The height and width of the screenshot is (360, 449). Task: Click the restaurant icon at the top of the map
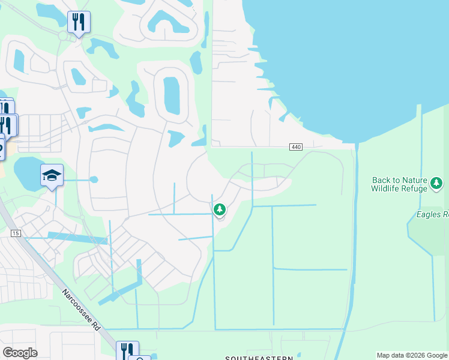tap(79, 22)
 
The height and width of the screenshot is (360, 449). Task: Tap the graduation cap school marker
tap(52, 175)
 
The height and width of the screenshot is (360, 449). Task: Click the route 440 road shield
tap(295, 147)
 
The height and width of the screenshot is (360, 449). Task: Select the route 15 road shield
tap(15, 233)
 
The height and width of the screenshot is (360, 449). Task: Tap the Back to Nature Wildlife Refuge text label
tap(400, 184)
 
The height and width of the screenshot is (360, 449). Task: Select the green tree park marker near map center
tap(220, 209)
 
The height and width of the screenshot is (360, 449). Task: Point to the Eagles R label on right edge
tap(433, 214)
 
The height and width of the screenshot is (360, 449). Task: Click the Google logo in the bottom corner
tap(20, 353)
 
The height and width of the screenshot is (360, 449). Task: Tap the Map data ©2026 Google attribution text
tap(412, 355)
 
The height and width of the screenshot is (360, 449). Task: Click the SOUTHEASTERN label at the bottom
tap(259, 358)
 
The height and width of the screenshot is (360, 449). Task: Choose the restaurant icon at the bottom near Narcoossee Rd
tap(127, 350)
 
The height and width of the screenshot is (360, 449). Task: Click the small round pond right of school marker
tap(93, 179)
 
